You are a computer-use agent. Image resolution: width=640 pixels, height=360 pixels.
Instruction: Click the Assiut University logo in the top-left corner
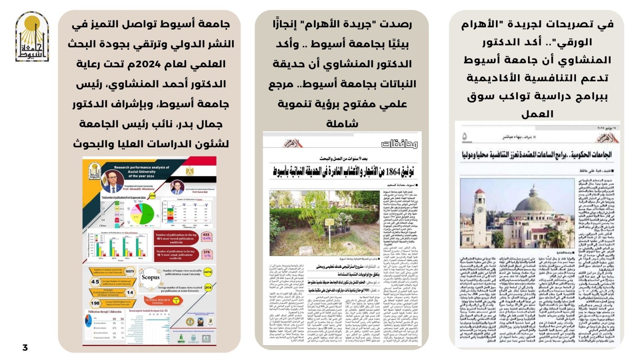32,37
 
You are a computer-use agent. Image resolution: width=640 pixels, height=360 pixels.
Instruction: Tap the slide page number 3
25,347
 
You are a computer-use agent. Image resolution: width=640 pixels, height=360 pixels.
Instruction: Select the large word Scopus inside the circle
150,277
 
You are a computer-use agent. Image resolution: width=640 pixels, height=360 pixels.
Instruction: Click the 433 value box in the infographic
206,236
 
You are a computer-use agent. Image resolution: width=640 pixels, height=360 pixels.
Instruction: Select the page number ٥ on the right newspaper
464,137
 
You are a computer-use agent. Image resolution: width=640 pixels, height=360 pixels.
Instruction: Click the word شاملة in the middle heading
342,124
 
